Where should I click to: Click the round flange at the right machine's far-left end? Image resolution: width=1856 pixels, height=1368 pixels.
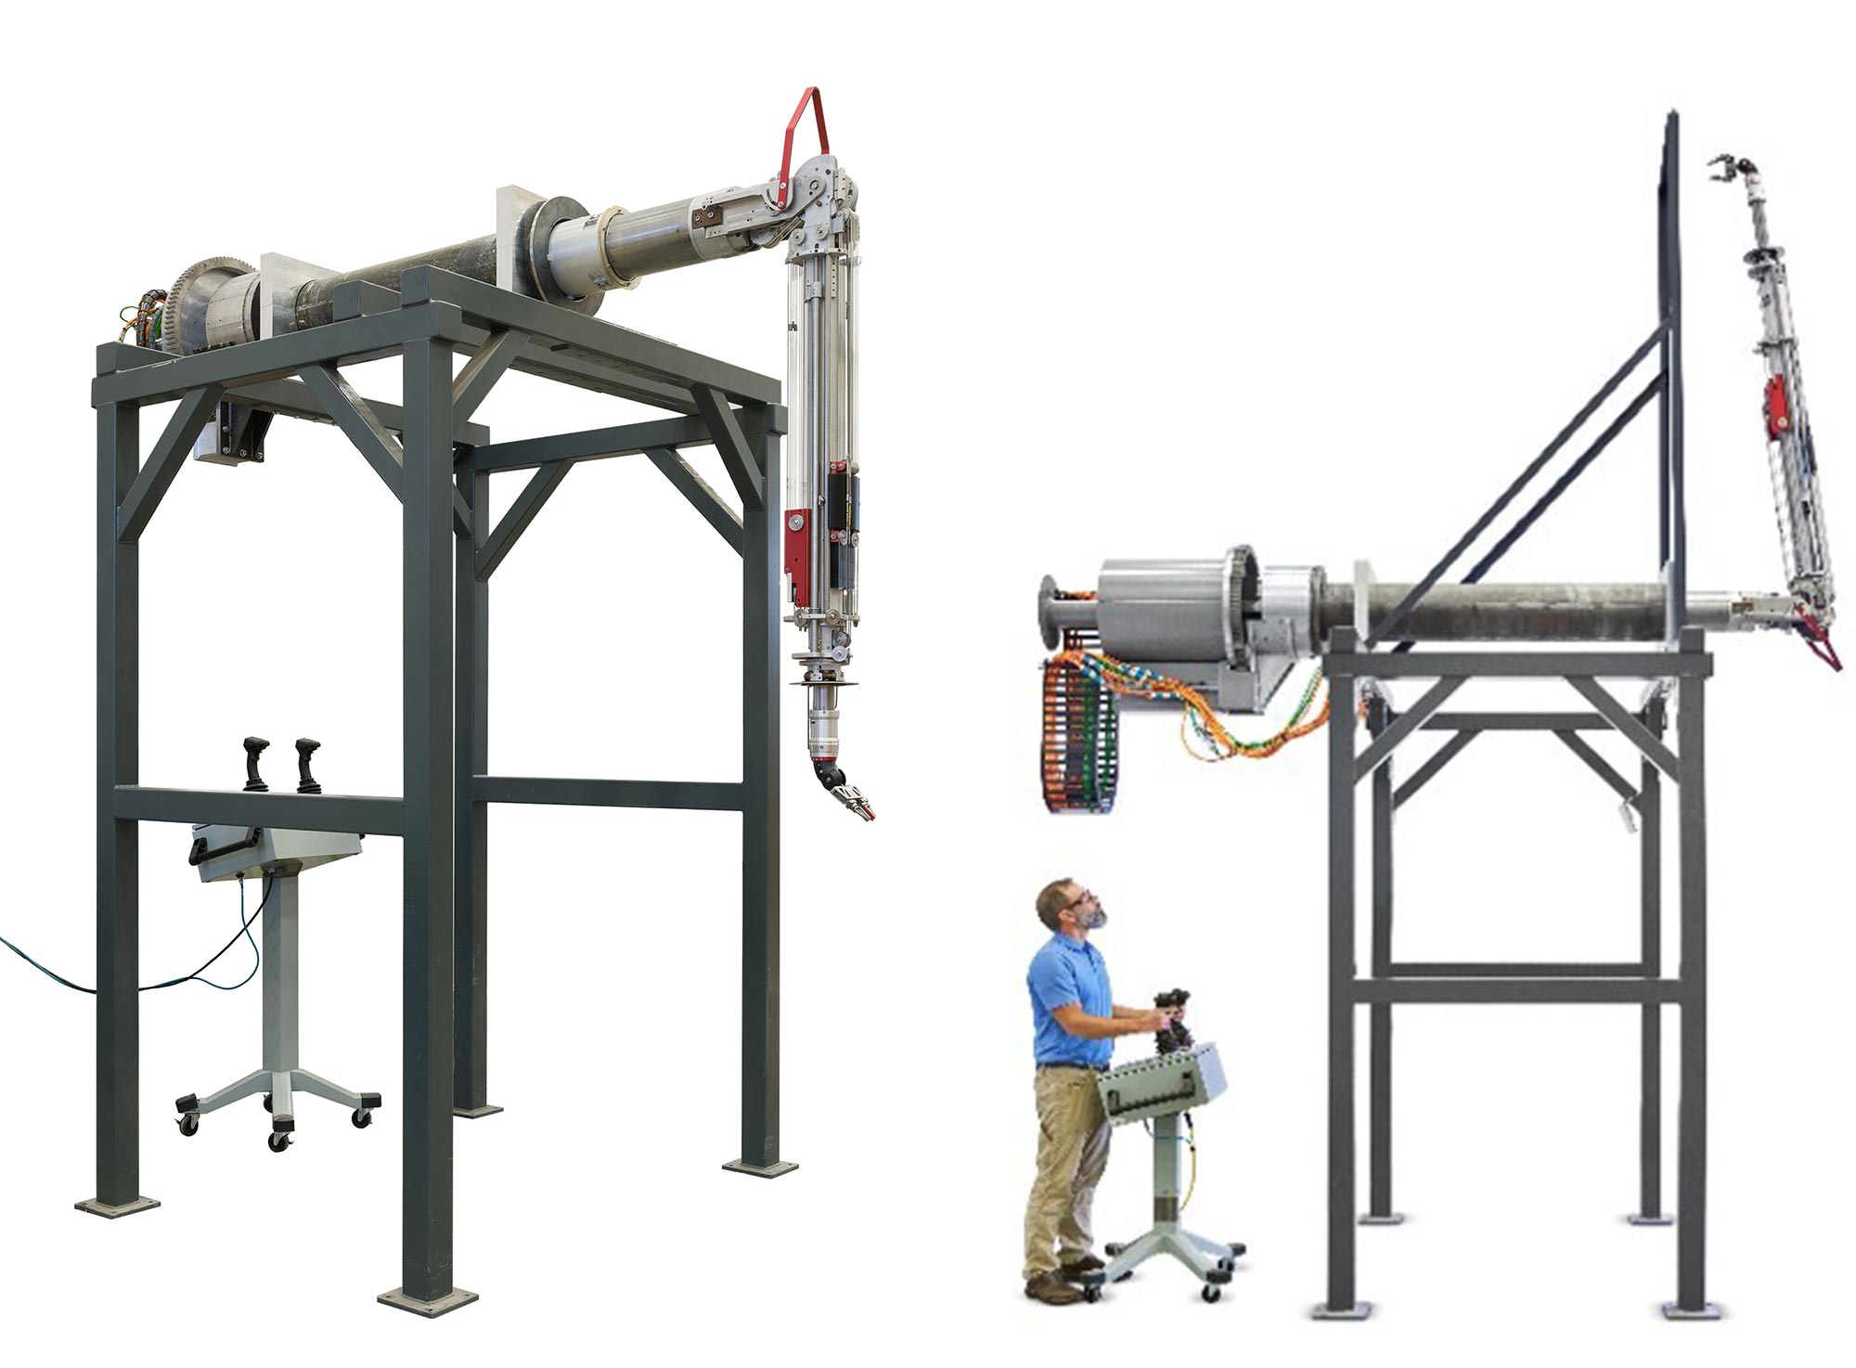[1050, 613]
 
